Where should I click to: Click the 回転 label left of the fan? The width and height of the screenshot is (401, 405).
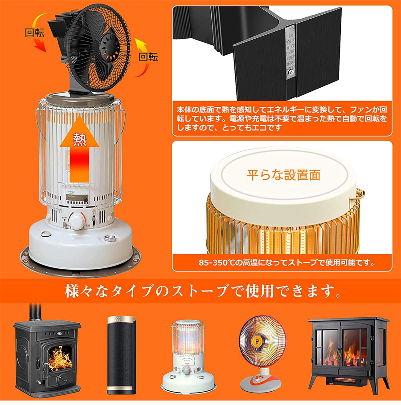click(35, 32)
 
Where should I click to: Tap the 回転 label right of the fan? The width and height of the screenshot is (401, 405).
click(148, 57)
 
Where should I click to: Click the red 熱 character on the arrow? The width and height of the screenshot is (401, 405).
click(80, 140)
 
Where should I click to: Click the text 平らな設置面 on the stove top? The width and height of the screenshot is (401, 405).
click(284, 175)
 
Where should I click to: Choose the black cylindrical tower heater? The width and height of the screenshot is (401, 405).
click(121, 355)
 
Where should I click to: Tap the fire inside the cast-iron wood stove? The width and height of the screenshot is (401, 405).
click(60, 358)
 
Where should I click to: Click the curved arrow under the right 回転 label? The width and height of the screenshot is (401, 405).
click(142, 57)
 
